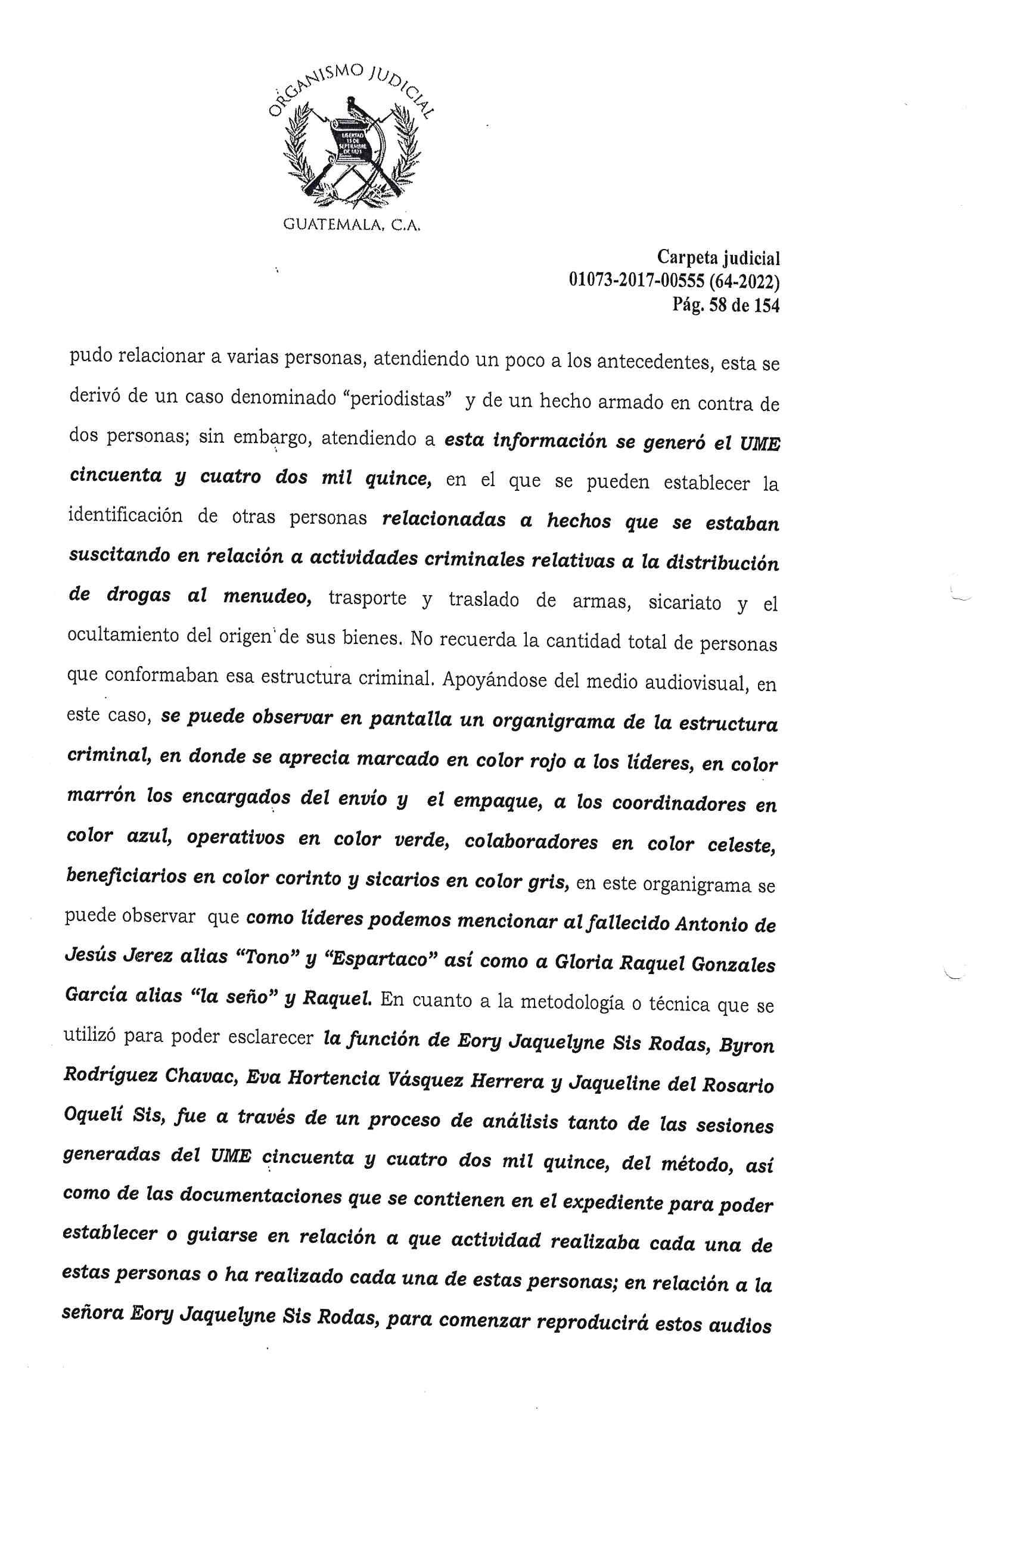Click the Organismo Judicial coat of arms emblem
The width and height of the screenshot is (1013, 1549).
(352, 147)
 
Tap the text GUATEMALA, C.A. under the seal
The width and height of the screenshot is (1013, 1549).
(352, 226)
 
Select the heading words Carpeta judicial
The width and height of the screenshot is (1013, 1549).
(718, 259)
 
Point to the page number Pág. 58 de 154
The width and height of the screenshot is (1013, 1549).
(726, 304)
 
